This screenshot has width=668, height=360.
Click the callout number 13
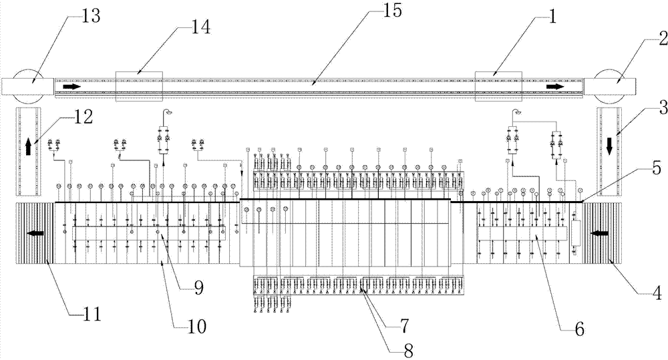click(90, 16)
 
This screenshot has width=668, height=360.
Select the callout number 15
click(391, 10)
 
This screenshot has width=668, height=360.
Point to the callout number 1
click(552, 17)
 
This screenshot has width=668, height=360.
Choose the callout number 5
click(657, 168)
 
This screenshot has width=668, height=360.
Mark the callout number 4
click(657, 293)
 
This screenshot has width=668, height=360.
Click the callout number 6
click(579, 329)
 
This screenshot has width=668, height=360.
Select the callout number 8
click(408, 350)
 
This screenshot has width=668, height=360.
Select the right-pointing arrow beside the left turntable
click(71, 86)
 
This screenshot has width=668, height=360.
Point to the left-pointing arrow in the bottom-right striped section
click(600, 233)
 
